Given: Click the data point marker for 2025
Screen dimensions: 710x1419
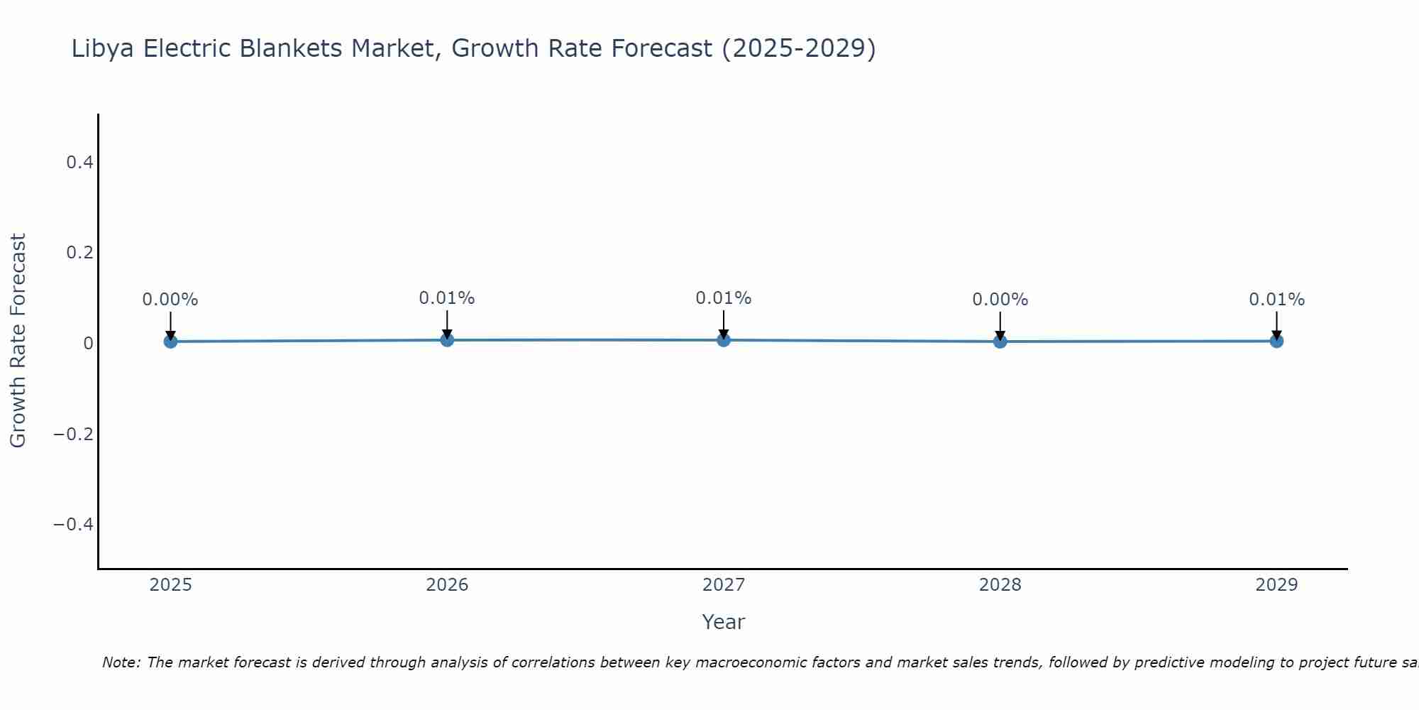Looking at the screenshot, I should (170, 342).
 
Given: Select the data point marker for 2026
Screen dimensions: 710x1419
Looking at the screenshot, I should (447, 340).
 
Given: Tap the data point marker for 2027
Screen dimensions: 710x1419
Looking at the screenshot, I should (724, 340).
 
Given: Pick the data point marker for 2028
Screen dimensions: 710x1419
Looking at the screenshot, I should (1000, 342).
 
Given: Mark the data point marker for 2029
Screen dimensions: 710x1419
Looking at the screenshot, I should (1276, 341).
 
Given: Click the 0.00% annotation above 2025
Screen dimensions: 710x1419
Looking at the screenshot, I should (170, 300).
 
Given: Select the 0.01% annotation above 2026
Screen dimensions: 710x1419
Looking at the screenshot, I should (447, 298).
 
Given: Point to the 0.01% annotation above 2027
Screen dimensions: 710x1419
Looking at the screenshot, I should (724, 298).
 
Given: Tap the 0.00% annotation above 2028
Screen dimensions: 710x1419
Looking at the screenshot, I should (1000, 300).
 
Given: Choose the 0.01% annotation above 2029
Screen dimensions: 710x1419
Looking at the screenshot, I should (1276, 300).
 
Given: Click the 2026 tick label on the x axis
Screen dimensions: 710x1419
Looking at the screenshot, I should (447, 585).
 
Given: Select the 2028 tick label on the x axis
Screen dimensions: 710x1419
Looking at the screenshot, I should (1000, 585).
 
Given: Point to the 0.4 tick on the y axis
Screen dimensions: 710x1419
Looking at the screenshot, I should (80, 163).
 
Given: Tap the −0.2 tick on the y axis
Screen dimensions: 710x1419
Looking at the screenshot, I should (74, 434).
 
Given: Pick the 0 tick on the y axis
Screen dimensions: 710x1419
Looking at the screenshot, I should (88, 344).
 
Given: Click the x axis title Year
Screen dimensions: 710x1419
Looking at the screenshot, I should (723, 622).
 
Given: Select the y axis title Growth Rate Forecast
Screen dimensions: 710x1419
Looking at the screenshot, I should (18, 341).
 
